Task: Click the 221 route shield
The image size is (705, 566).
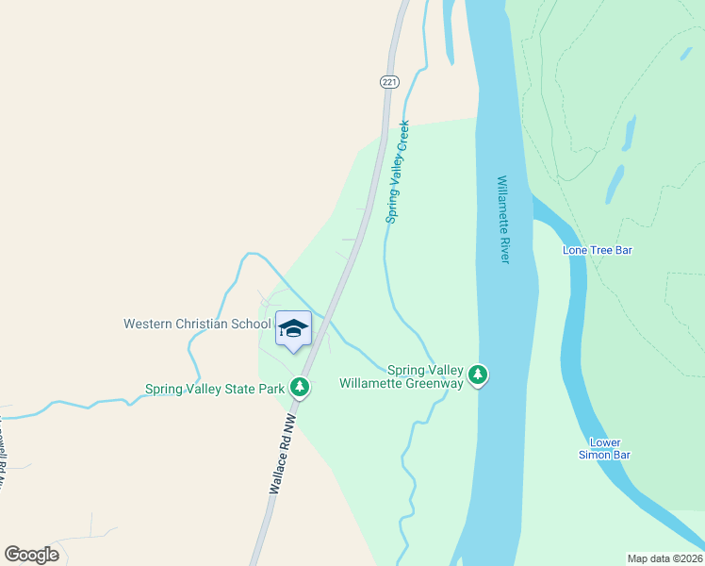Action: pos(389,82)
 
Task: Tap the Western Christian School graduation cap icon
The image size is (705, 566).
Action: pos(293,328)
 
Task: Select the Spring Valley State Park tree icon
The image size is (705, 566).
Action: pos(300,387)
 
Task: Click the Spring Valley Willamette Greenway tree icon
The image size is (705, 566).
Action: pos(479,375)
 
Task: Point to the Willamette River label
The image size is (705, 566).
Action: pos(502,219)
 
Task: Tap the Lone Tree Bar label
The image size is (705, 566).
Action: pos(597,250)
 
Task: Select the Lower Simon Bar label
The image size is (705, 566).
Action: pos(605,448)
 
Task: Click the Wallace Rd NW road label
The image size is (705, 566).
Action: pos(284,453)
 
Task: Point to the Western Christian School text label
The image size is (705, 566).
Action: pos(197,324)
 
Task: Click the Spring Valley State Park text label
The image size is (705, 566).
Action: pos(215,389)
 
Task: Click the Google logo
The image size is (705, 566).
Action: pos(31,555)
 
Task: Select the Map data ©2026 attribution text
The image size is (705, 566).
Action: pos(664,558)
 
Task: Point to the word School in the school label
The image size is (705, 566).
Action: pos(252,324)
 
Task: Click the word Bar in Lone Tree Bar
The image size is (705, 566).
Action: pos(621,250)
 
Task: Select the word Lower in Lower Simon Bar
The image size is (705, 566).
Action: pos(605,441)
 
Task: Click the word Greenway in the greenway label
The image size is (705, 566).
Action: pos(434,383)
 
